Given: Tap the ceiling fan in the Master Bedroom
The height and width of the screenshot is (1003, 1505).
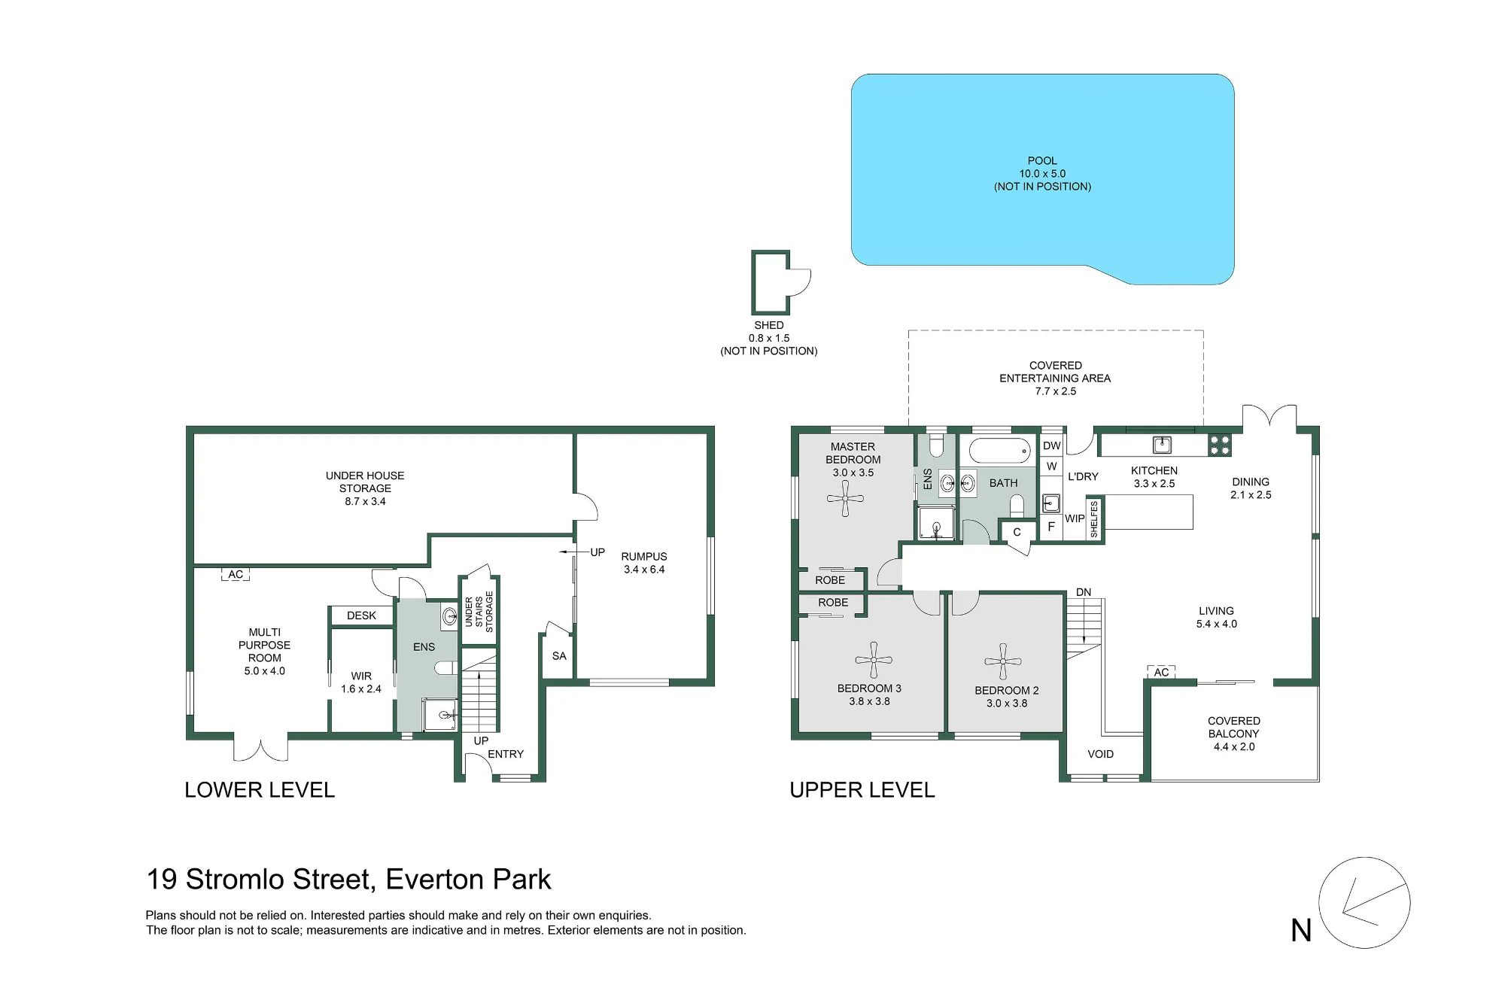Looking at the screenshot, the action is point(845,498).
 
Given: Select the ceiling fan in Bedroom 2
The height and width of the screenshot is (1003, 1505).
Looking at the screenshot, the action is point(1002,662).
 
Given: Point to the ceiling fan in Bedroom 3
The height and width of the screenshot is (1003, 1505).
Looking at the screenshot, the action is point(874,660).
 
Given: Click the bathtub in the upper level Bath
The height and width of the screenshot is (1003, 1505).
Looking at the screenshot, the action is point(1000,451).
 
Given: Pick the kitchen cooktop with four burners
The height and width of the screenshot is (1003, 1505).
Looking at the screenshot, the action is point(1220,445).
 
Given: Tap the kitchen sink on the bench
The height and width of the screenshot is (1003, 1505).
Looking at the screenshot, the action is point(1163,444).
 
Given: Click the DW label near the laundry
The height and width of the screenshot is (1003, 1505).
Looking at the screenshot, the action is point(1052,445).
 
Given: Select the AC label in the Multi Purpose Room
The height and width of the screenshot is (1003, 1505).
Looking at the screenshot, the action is point(236,574).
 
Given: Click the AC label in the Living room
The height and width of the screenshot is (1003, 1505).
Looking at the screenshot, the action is point(1161,672).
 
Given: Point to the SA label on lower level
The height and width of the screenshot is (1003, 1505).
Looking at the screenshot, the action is point(559,656).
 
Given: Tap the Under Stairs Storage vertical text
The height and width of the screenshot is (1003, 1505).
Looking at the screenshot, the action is point(479,612).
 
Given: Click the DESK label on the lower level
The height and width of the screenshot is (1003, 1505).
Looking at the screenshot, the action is point(361,615).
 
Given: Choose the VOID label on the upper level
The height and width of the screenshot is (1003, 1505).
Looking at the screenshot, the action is point(1100,754).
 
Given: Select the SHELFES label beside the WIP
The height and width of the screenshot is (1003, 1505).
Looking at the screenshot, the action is point(1094,519).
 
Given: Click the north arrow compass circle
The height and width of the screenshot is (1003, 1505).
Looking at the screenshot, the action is point(1364,902).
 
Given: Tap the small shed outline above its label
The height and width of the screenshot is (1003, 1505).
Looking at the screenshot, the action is point(771,282).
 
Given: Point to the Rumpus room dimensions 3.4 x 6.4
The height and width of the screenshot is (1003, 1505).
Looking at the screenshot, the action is point(644,570).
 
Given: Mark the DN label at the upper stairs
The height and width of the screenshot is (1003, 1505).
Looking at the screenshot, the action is point(1084,592).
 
